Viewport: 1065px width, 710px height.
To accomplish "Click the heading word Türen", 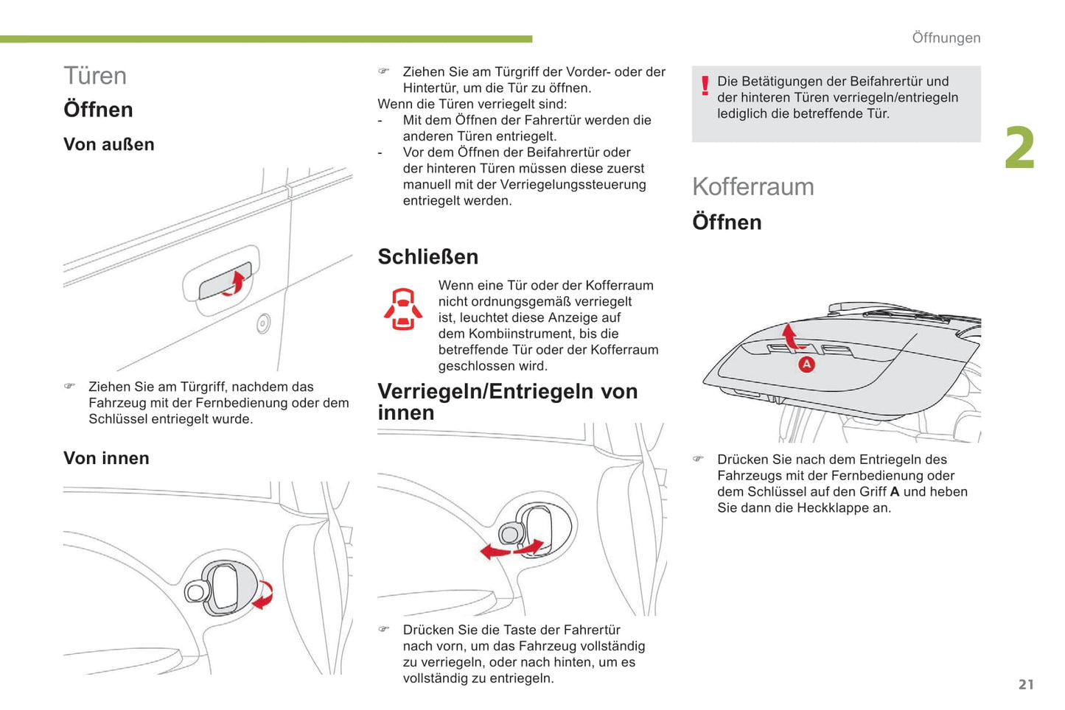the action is click(95, 76).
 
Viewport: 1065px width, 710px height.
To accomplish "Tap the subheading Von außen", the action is click(109, 144).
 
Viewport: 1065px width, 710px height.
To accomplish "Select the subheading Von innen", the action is click(106, 458).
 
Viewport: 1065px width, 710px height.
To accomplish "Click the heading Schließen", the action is click(428, 256).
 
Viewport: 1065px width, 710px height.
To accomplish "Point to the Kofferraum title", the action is click(753, 186).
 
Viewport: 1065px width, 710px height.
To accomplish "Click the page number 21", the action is click(1026, 684).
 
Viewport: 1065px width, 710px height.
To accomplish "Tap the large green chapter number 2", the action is click(1020, 148).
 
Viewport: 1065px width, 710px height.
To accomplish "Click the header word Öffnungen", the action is click(946, 38).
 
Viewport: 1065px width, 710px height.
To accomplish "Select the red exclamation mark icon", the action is click(705, 86).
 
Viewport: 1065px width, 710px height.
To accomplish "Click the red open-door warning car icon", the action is click(403, 309).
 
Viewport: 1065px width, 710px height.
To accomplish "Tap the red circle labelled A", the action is click(806, 365).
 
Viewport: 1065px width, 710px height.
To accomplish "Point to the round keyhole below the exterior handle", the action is click(263, 323).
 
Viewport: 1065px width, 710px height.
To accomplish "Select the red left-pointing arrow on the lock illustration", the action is click(495, 552).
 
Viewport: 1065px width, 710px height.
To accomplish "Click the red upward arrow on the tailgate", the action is click(790, 336).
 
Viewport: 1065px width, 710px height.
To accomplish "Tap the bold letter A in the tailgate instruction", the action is click(894, 492).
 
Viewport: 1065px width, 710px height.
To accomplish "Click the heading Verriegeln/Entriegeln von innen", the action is click(507, 402).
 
